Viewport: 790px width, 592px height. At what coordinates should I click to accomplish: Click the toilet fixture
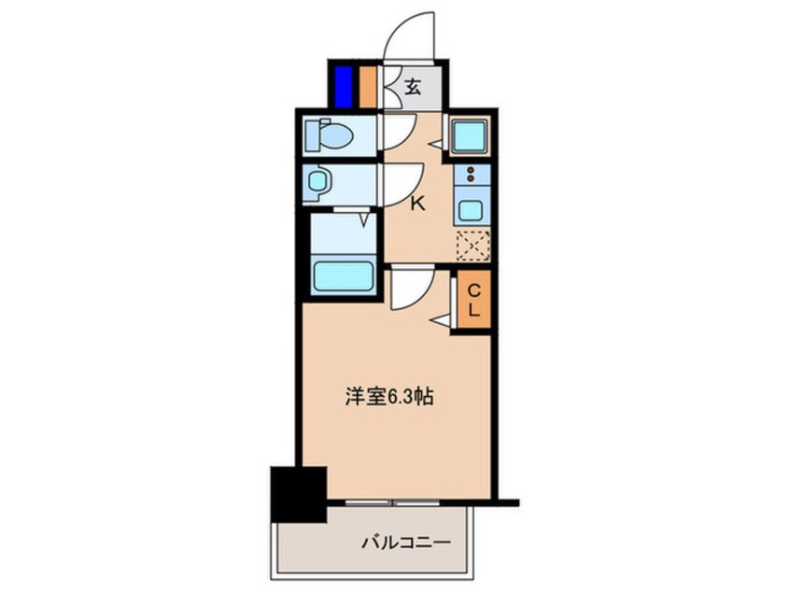[332, 136]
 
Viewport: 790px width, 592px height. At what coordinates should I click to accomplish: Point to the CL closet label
[473, 301]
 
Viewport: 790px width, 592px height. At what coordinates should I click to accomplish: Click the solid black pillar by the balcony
[297, 494]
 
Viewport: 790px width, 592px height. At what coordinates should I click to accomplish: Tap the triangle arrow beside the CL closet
[438, 321]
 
